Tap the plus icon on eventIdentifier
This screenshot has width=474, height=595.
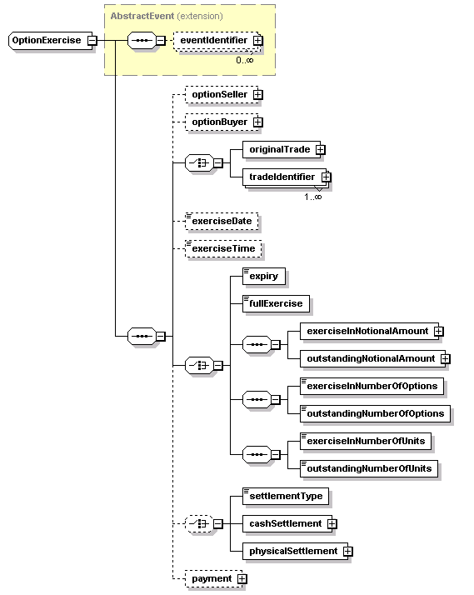[258, 40]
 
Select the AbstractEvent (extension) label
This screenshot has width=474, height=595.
[167, 16]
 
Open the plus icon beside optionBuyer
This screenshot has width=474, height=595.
[258, 122]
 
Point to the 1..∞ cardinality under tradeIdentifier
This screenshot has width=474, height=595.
[313, 197]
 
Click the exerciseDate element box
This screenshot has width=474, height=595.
[222, 221]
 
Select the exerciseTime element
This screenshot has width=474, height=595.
[223, 248]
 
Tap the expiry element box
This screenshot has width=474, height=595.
[264, 277]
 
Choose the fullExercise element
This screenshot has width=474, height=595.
[276, 303]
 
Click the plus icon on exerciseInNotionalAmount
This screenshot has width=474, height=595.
[439, 332]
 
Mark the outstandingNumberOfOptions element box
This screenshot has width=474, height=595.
[376, 413]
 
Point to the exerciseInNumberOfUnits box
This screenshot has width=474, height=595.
[366, 441]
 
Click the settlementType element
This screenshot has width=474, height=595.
[286, 496]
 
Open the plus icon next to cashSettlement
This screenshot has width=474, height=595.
[332, 523]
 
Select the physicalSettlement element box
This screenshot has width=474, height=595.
[296, 551]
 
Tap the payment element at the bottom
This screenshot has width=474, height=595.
[214, 578]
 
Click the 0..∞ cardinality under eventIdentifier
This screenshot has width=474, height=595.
[245, 60]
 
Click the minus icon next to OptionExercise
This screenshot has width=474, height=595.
[92, 40]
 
